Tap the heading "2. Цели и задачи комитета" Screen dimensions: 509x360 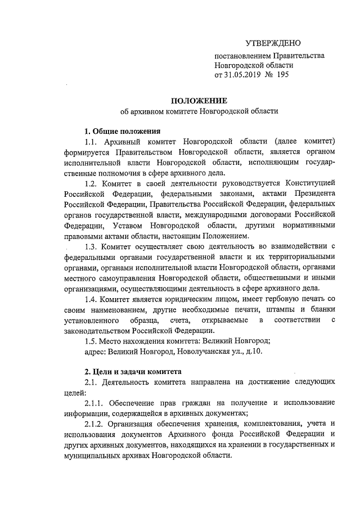[133, 372]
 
